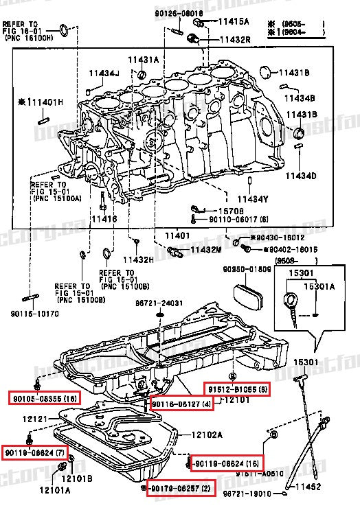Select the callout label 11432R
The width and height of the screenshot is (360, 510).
235,40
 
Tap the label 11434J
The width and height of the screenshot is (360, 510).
103,73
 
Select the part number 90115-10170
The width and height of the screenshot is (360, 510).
35,314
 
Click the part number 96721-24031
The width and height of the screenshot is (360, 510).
159,302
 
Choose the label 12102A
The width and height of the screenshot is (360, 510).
206,434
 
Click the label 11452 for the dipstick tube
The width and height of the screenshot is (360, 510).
308,487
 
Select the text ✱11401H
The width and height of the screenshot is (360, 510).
41,102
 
